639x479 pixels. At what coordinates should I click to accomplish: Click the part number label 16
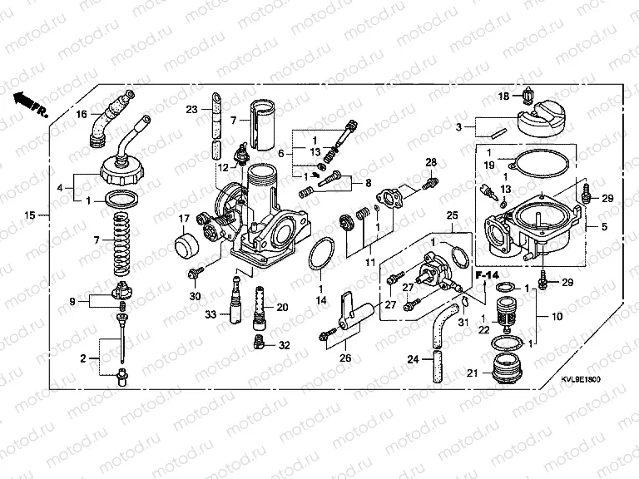82,114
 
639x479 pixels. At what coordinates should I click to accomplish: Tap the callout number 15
29,215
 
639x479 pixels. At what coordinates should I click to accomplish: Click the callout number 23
192,109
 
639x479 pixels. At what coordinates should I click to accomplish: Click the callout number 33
211,314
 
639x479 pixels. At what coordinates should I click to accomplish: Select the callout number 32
284,344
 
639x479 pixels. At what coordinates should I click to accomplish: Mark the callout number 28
431,161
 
